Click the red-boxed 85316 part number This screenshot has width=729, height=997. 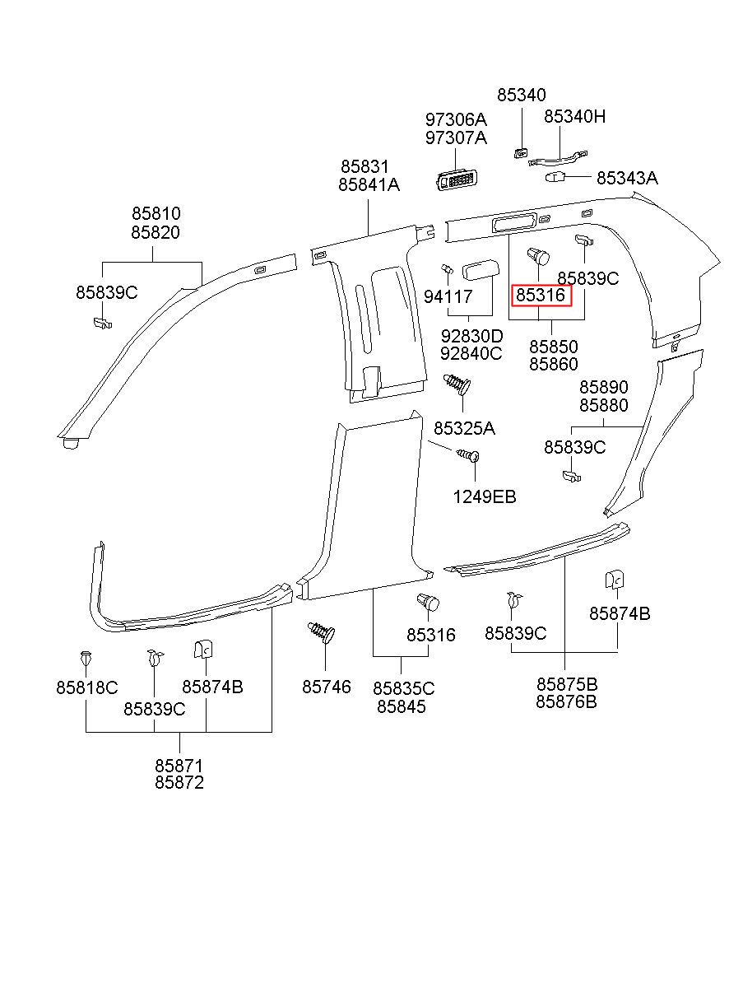[x=541, y=295]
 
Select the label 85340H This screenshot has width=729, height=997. [x=574, y=117]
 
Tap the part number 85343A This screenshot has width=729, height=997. [x=627, y=178]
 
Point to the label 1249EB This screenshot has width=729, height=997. [x=485, y=496]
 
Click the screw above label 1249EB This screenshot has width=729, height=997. [x=469, y=455]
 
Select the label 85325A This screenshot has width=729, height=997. [x=464, y=429]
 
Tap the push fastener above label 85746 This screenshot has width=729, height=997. [x=321, y=632]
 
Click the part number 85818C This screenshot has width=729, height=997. [x=86, y=687]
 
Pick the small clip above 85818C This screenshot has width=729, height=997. [x=86, y=658]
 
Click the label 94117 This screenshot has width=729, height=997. [x=448, y=296]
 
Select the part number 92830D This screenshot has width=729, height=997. [x=472, y=336]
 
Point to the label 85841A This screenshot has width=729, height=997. [x=369, y=184]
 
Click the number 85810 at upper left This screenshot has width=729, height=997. [x=156, y=214]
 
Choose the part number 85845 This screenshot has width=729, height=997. [x=402, y=706]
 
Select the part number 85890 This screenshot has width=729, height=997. [x=604, y=387]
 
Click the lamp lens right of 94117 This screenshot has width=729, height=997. [x=481, y=272]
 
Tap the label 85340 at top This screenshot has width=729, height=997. [x=522, y=95]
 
